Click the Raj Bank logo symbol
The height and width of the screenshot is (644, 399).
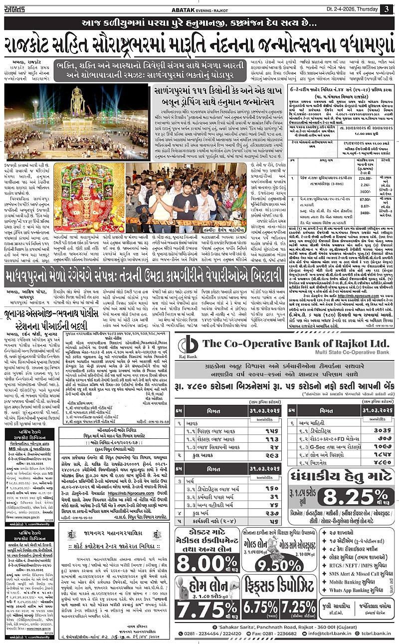pyautogui.click(x=188, y=344)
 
